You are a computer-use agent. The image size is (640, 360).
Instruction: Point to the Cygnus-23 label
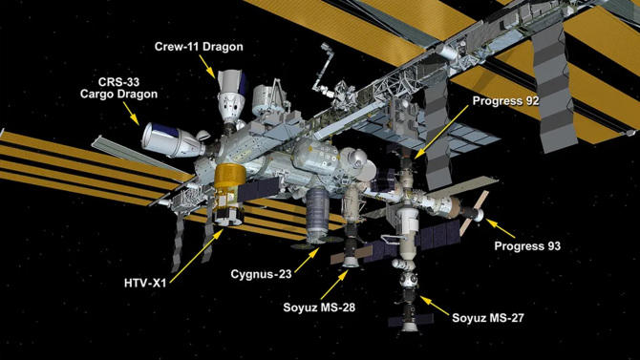[261, 274]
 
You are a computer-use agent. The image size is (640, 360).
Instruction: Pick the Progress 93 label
[525, 246]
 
